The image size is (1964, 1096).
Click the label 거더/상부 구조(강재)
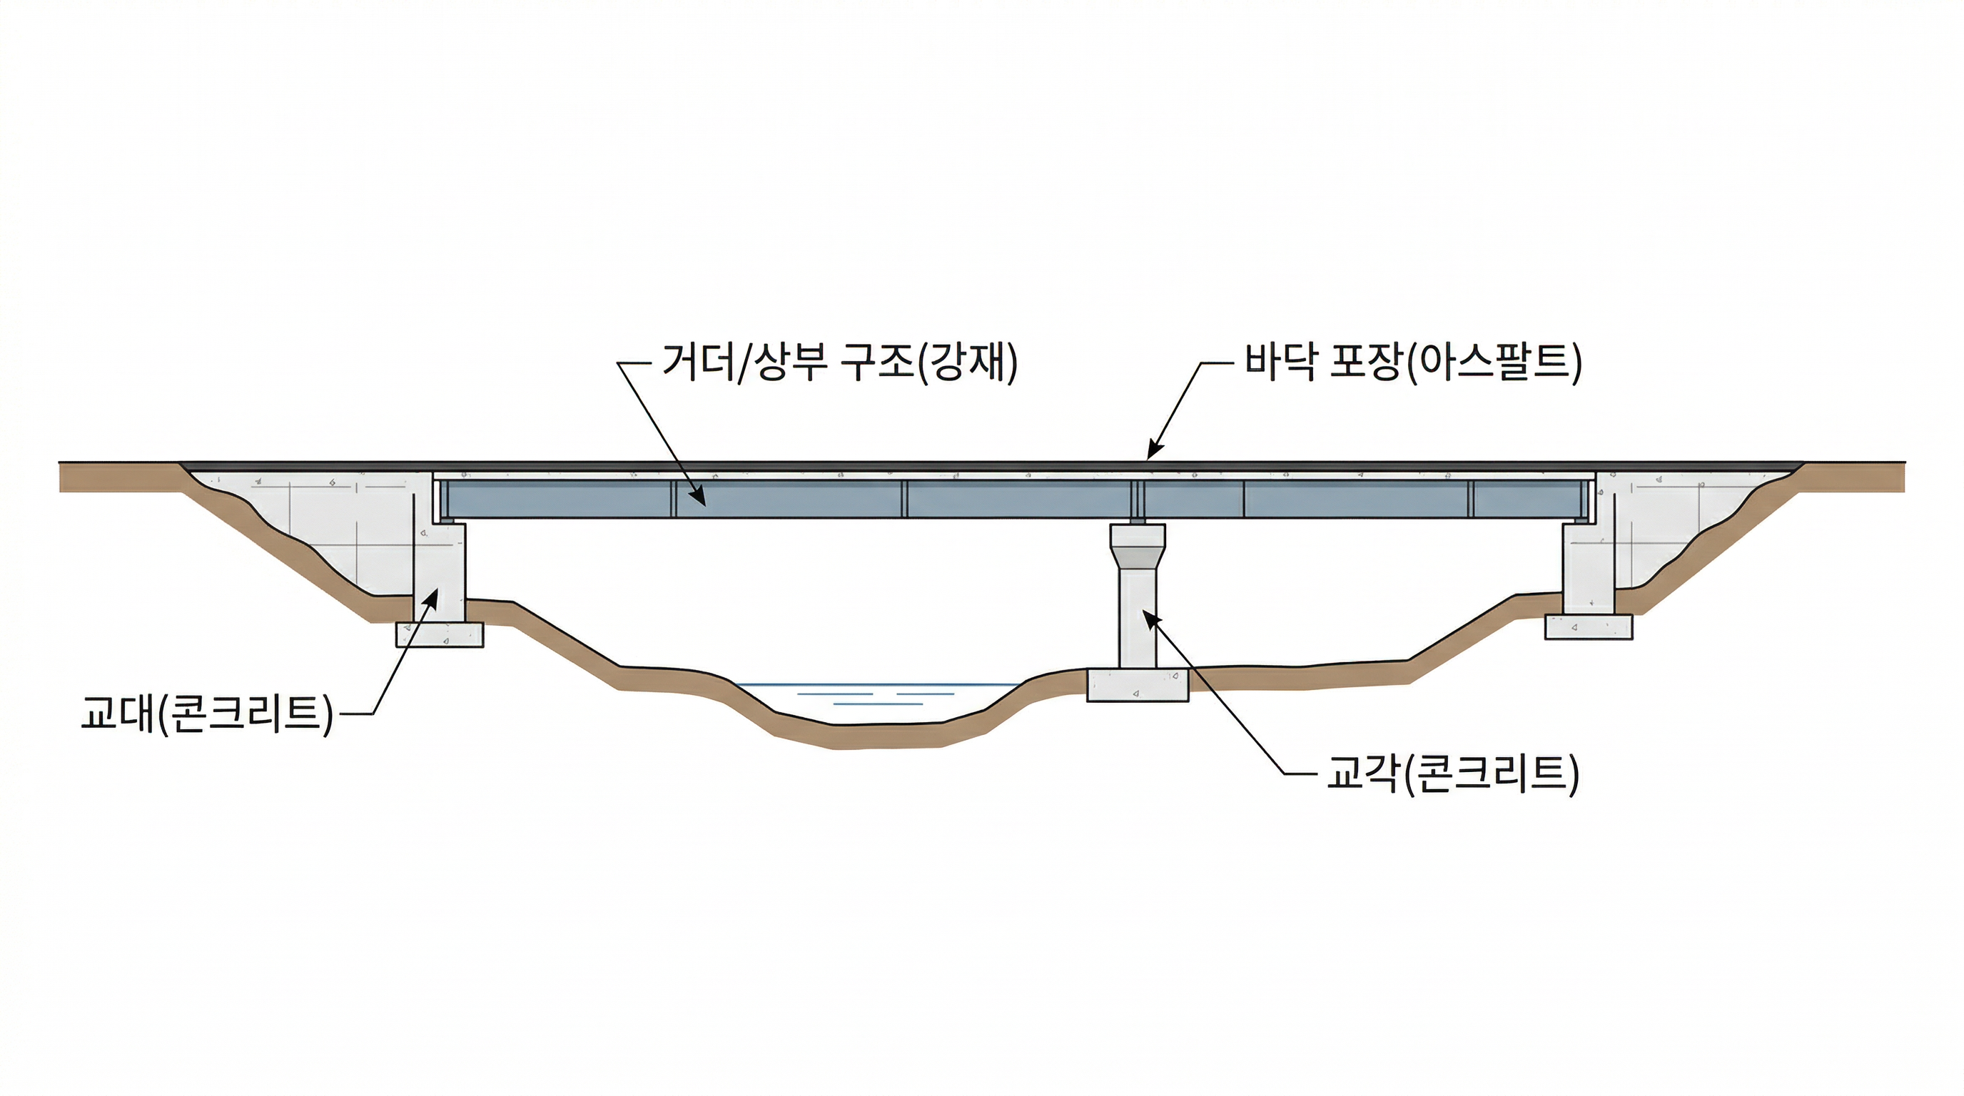pyautogui.click(x=839, y=362)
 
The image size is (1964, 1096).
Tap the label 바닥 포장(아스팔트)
pyautogui.click(x=1413, y=362)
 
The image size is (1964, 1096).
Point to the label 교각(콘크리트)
pyautogui.click(x=1452, y=774)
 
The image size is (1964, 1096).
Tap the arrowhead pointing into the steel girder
pyautogui.click(x=699, y=499)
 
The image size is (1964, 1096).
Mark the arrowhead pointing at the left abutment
pyautogui.click(x=433, y=596)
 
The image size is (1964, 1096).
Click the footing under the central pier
pyautogui.click(x=1137, y=685)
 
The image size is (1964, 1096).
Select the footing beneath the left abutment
pyautogui.click(x=439, y=634)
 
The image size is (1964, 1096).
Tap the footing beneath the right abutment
pyautogui.click(x=1588, y=627)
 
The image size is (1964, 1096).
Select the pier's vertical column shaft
pyautogui.click(x=1137, y=617)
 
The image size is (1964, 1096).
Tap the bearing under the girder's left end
pyautogui.click(x=447, y=522)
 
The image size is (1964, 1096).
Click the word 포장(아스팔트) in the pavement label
pyautogui.click(x=1455, y=362)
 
